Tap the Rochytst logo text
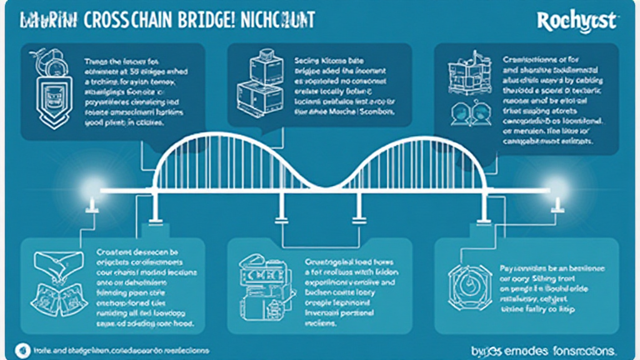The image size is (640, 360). pyautogui.click(x=577, y=21)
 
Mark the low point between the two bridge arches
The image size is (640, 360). pyautogui.click(x=321, y=186)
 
